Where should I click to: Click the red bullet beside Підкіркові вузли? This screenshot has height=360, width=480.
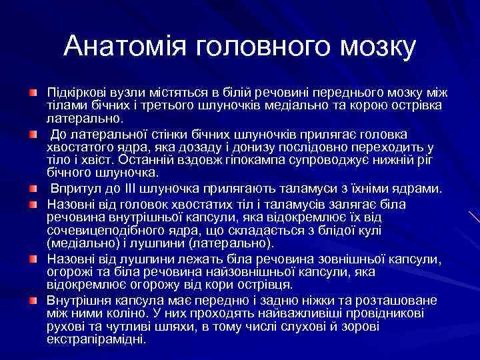[x=33, y=89]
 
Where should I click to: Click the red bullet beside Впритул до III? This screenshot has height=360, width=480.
[x=33, y=189]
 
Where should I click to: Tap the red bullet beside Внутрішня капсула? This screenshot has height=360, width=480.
[x=33, y=299]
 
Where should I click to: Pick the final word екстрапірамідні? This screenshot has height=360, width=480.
[x=95, y=339]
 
